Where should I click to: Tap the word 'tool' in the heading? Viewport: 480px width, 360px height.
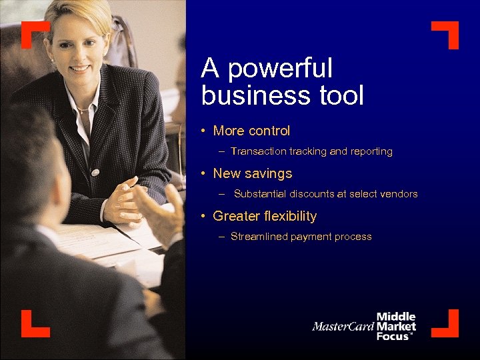point(339,96)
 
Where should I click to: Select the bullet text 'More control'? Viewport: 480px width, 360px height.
point(251,131)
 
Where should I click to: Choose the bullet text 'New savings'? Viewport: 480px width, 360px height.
point(252,174)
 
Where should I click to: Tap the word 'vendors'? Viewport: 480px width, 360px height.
point(398,195)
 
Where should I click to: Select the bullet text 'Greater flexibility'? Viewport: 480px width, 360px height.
point(265,217)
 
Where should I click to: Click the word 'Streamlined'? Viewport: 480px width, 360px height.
point(259,237)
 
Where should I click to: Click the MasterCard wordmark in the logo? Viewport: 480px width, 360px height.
point(343,327)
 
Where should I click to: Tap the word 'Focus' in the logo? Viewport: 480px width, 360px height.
point(393,336)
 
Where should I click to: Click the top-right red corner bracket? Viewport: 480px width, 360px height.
point(446,34)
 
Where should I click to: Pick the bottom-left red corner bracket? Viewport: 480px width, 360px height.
point(34,324)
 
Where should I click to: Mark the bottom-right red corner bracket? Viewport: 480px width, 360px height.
point(446,324)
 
